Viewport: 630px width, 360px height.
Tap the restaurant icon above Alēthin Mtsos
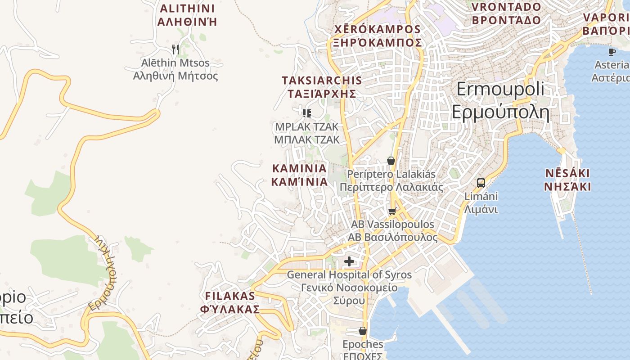coord(175,49)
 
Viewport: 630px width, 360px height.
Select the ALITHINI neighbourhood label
coord(187,15)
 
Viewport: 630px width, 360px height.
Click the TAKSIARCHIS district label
coord(321,87)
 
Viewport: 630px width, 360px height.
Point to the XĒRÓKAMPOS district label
coord(377,36)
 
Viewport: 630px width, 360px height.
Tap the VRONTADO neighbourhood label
coord(506,13)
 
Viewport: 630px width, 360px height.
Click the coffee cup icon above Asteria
coord(612,52)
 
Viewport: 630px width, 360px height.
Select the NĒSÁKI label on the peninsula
coord(567,180)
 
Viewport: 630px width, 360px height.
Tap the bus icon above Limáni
coord(481,183)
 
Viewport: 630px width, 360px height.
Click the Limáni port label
coord(481,203)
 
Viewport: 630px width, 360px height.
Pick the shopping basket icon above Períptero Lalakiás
coord(391,161)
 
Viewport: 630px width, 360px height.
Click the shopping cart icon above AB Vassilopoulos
coord(392,211)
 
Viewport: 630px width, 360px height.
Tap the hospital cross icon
coord(349,261)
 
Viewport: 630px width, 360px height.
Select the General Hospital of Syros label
coord(349,287)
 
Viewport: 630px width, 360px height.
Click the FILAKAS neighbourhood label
coord(230,302)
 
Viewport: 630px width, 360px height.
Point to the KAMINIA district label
coord(299,175)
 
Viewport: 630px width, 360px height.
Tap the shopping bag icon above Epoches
coord(363,331)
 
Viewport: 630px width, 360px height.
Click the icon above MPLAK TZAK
coord(307,113)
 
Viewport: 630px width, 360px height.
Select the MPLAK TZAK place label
coord(307,133)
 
